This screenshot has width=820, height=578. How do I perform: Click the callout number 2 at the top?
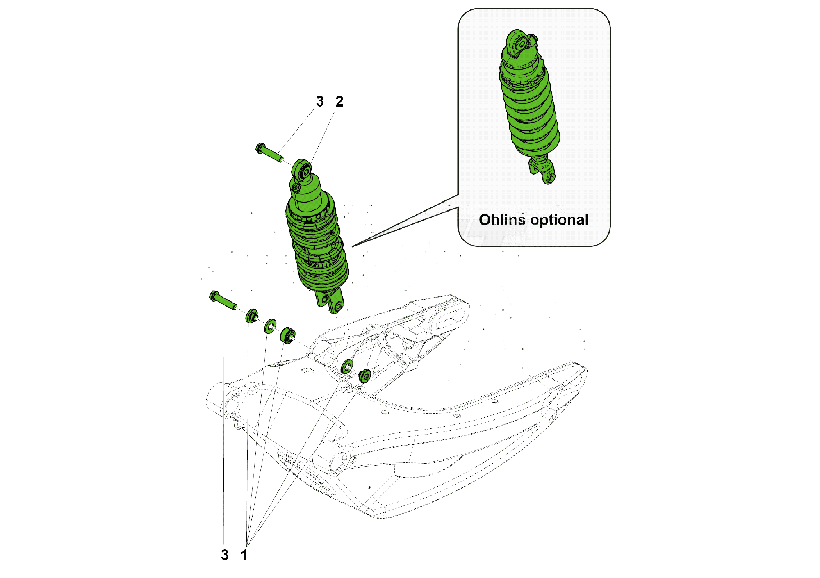point(339,101)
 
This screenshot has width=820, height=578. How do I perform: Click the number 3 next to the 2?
point(320,101)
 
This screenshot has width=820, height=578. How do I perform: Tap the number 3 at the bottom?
point(225,555)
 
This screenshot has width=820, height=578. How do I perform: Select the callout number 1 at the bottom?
point(244,555)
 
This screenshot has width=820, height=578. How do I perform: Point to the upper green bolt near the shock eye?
point(269,153)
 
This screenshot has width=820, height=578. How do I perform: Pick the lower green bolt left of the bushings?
point(223,300)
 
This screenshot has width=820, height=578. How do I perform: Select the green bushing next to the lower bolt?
point(252,316)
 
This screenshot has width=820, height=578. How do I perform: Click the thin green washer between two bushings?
point(270,326)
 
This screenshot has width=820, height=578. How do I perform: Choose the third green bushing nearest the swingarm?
point(287,335)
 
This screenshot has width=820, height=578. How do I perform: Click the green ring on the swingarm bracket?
point(347,366)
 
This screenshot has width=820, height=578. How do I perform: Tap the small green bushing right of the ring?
point(364,375)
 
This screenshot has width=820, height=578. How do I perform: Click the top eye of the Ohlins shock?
point(520,43)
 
